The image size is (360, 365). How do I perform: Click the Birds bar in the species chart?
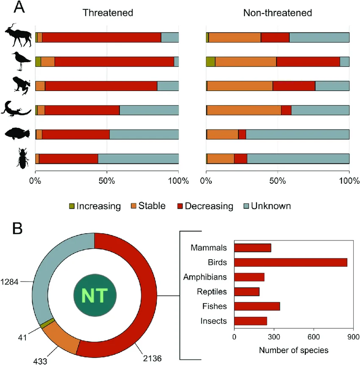(x=291, y=263)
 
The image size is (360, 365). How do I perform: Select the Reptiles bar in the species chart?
(x=246, y=291)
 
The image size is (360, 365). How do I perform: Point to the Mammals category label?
(x=209, y=248)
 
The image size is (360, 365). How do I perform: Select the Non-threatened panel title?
(x=277, y=12)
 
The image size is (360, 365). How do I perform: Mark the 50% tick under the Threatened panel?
(x=107, y=182)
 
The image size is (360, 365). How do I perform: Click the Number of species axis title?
(x=293, y=351)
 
